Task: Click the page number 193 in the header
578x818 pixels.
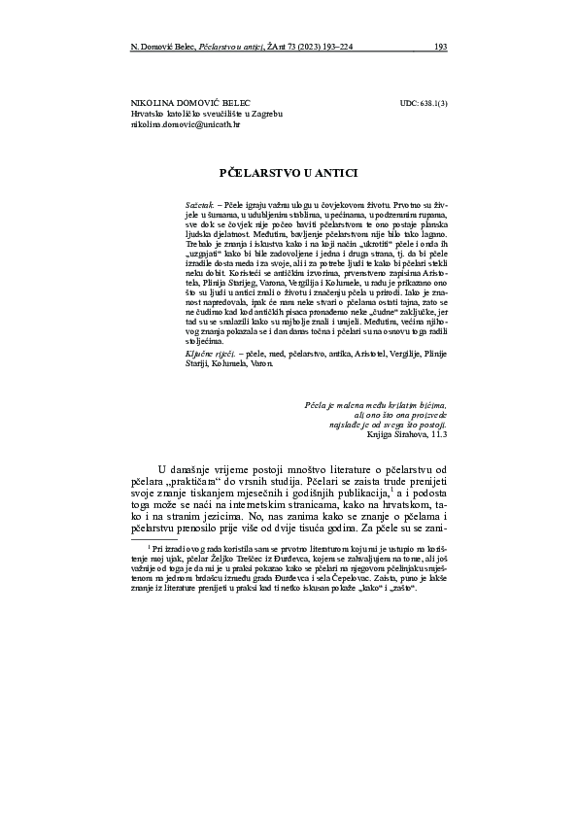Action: click(440, 46)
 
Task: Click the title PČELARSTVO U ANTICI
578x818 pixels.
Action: click(289, 172)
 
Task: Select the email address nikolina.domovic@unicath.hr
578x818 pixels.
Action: click(185, 125)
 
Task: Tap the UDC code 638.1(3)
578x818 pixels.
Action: click(424, 102)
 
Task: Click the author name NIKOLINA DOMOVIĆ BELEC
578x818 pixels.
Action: click(190, 102)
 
